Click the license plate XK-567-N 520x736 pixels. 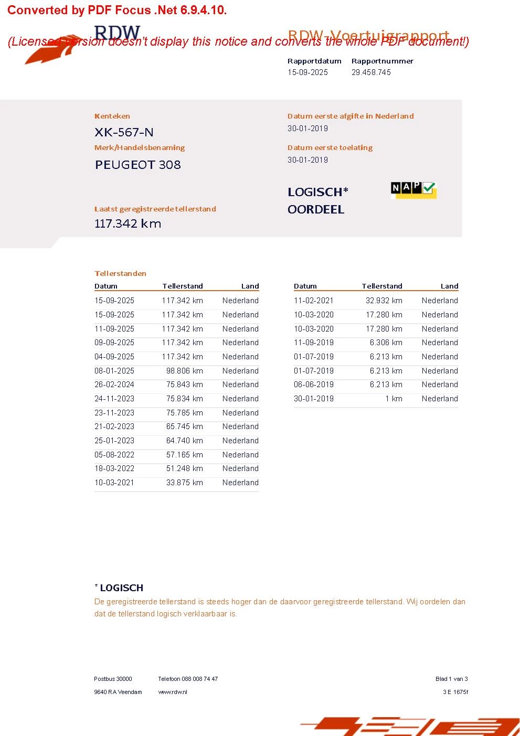124,132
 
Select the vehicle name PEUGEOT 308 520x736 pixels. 138,165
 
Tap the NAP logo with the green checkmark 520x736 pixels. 413,189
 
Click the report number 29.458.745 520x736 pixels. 371,72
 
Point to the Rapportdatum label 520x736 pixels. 314,61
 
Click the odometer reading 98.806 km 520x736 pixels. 184,371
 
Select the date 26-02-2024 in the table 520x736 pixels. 114,385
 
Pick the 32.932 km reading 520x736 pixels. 384,301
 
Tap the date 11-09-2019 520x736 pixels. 314,343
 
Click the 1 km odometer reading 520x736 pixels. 394,399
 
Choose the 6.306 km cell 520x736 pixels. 386,343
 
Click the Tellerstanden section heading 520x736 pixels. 120,273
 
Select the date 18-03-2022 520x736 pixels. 114,468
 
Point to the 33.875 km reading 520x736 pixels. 184,483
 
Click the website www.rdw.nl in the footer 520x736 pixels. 173,692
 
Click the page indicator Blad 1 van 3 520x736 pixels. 451,679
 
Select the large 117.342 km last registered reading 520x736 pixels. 128,223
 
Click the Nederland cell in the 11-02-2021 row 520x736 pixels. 440,301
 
